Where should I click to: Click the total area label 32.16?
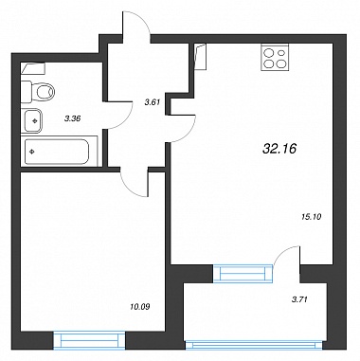point(279,148)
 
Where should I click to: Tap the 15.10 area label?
point(311,217)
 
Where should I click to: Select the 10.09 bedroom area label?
point(139,306)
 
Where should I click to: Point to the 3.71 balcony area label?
point(298,298)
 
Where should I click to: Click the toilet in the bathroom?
point(37,92)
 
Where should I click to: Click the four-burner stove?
point(275,57)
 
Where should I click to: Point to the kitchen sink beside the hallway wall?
point(200,57)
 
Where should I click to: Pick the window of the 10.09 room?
point(89,340)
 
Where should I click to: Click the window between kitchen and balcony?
point(243,273)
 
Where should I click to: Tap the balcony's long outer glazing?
point(255,345)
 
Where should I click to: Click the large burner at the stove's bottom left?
point(269,63)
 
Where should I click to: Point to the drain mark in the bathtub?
point(31,152)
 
